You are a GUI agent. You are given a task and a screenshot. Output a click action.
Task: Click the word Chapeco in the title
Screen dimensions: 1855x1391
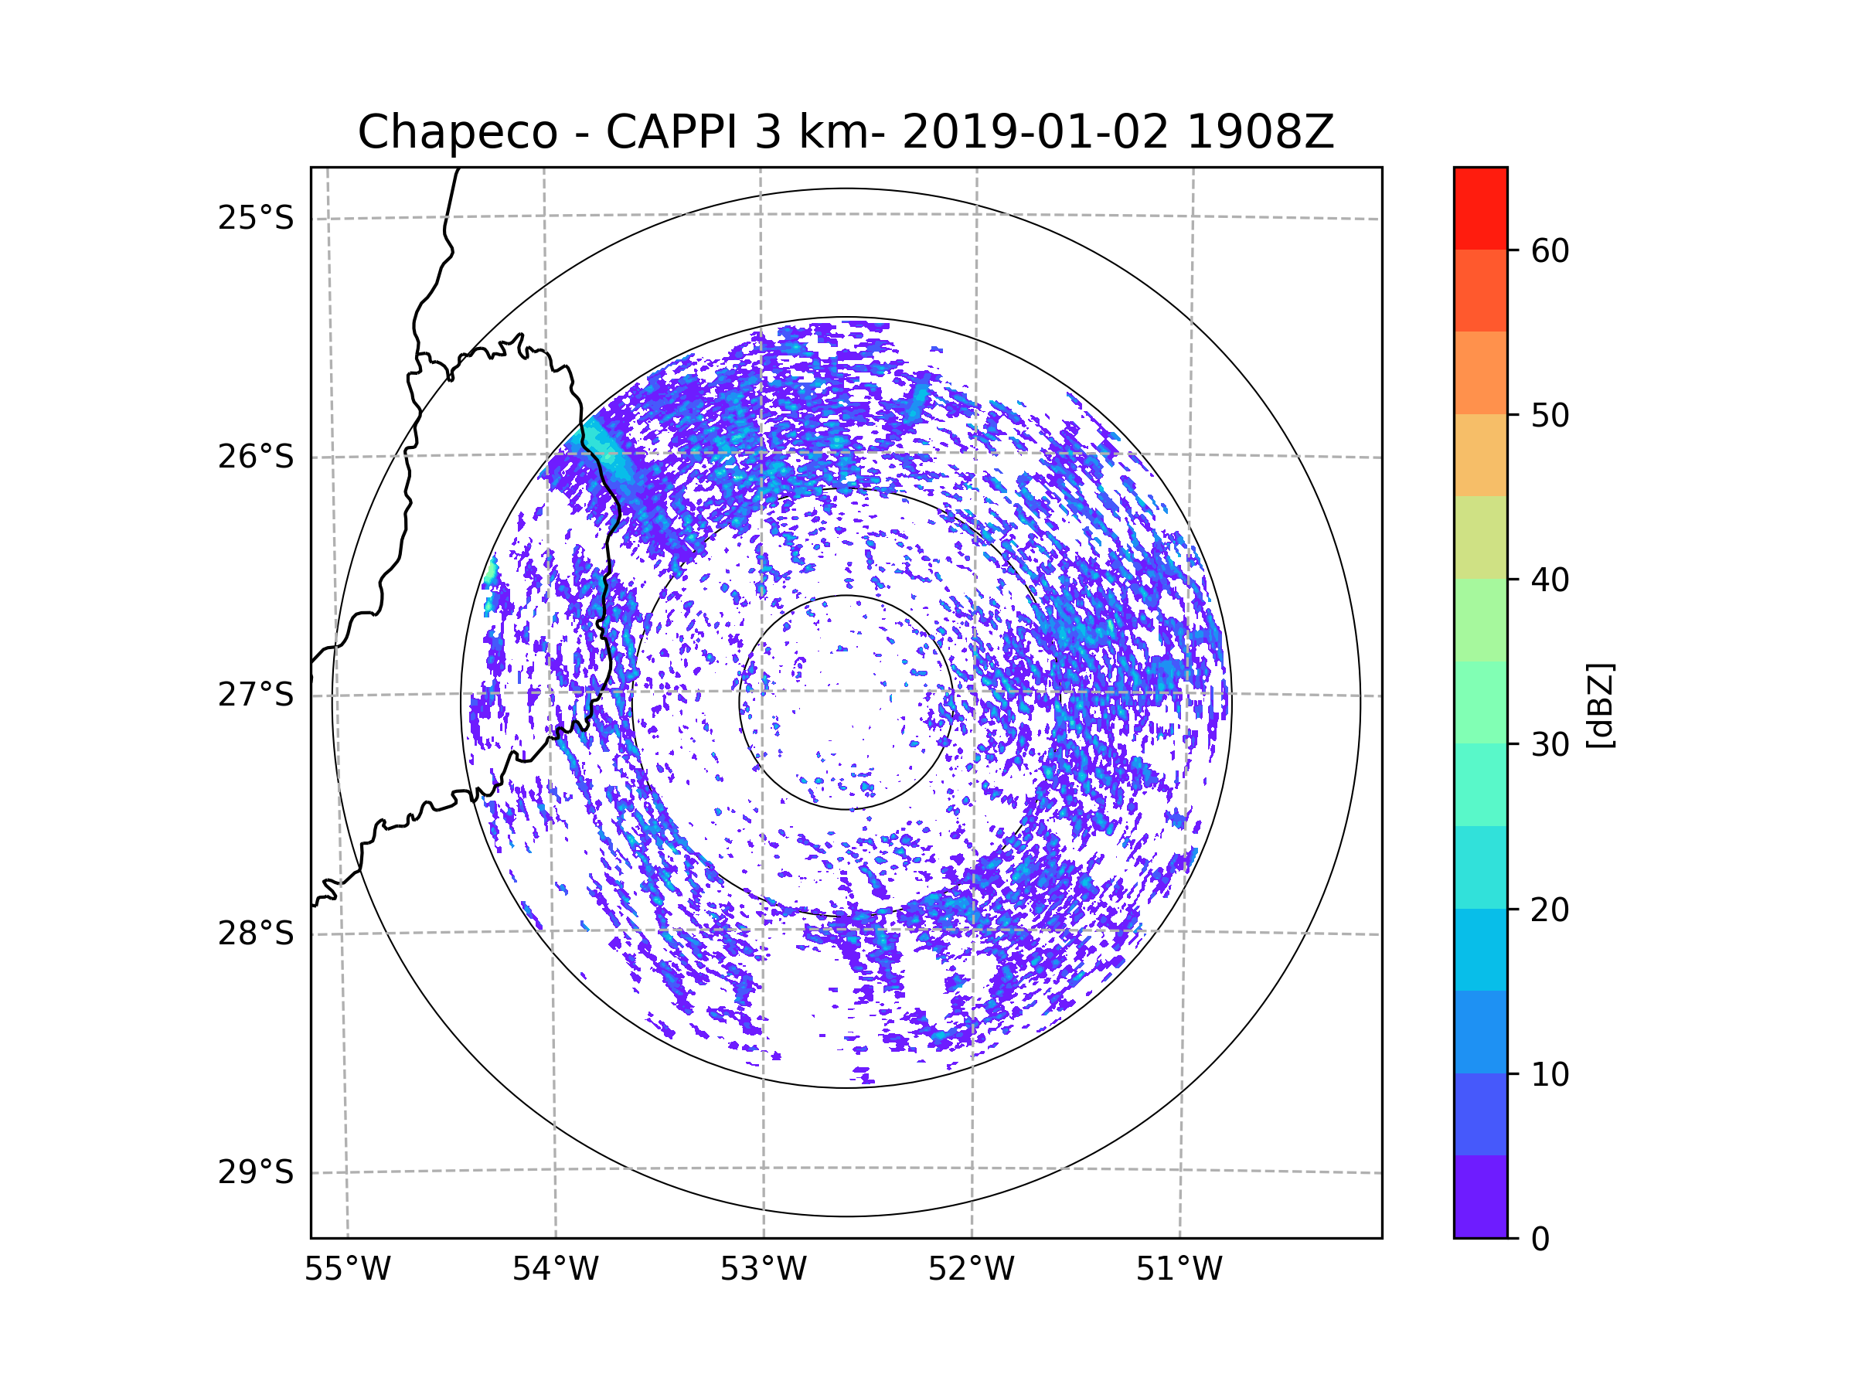[458, 132]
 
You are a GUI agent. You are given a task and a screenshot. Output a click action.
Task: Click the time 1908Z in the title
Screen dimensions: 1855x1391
[1261, 132]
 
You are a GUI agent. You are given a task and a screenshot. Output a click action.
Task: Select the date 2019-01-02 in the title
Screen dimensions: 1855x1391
[1035, 132]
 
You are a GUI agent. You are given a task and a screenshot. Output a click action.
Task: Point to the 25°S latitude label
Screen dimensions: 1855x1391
[256, 218]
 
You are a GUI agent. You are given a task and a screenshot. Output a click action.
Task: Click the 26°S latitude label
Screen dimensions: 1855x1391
[256, 457]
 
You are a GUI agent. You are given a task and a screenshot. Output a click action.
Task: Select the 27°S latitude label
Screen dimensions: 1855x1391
[256, 695]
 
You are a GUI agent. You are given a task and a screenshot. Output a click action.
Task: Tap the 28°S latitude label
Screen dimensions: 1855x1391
[256, 934]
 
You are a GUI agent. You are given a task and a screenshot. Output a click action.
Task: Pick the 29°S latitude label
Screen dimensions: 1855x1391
[256, 1172]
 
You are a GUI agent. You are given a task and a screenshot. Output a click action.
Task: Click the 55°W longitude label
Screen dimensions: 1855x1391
[347, 1270]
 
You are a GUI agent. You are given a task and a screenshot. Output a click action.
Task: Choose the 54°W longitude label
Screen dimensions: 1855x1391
[555, 1270]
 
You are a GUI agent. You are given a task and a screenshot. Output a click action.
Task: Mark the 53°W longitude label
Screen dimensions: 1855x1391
[763, 1270]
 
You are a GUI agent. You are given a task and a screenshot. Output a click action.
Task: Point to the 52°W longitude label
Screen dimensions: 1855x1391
[971, 1270]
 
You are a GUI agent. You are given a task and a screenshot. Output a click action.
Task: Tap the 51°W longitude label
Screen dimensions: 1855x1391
[1179, 1270]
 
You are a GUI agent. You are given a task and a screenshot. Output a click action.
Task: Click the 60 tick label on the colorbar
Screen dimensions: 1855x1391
[1550, 250]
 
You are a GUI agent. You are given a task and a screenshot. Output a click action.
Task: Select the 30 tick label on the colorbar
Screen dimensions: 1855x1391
[1550, 744]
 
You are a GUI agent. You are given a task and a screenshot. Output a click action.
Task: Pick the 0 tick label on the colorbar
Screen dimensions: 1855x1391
[1540, 1240]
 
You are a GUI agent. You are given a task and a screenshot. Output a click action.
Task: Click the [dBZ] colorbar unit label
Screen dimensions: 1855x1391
[1600, 705]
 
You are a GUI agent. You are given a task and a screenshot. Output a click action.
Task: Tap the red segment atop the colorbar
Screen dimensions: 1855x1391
[1480, 209]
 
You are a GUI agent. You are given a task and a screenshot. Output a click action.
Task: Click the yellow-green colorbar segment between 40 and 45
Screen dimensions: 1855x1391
[1480, 537]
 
